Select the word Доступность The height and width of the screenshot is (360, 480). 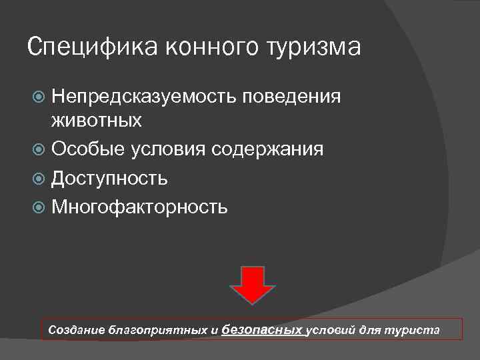coord(109,179)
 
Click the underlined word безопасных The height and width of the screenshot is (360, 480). coord(261,329)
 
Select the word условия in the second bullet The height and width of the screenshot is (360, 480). coord(168,149)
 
